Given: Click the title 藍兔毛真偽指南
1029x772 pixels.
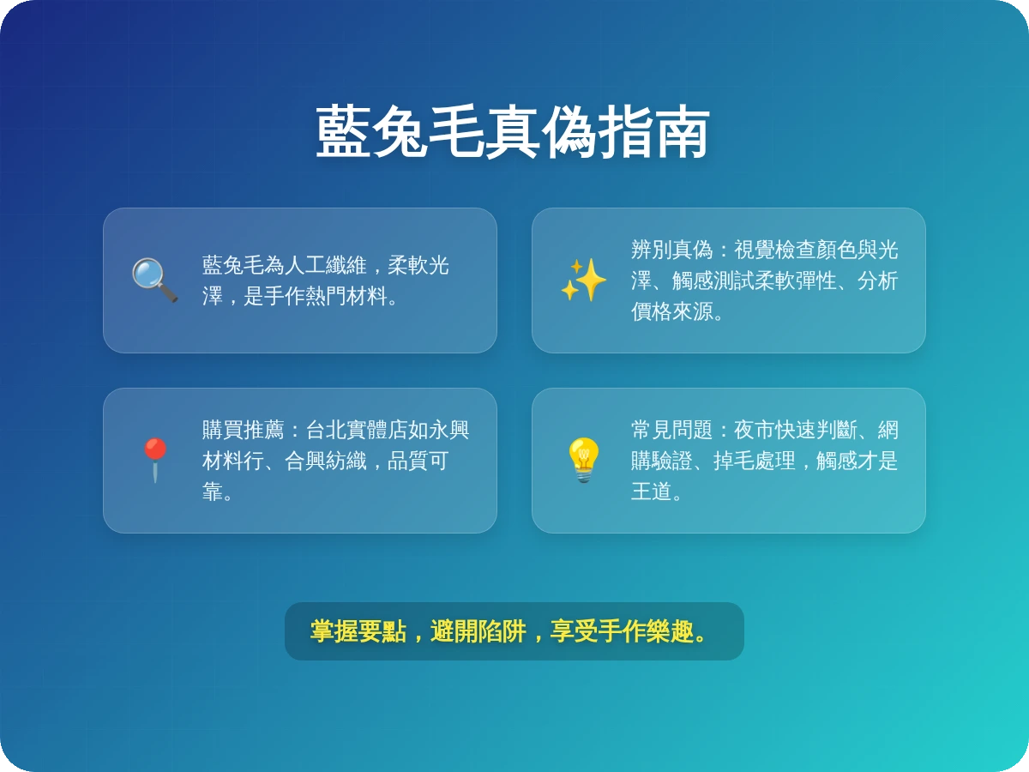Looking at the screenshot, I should [x=513, y=133].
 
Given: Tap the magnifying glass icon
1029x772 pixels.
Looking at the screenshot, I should [x=154, y=280].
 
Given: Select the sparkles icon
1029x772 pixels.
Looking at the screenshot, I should [x=583, y=280].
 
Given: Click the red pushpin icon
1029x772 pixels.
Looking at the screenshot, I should [x=154, y=460].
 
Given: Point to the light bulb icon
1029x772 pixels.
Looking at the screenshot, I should [x=583, y=460].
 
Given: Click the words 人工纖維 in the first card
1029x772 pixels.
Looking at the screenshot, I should [x=326, y=265].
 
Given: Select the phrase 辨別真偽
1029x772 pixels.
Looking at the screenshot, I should [x=671, y=250].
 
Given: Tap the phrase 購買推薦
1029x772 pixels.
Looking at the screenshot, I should [x=243, y=430].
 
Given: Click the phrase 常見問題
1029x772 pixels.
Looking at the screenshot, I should [x=671, y=430].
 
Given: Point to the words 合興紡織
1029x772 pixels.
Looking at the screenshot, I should [x=325, y=461].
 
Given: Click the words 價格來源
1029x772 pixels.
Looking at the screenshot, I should [x=671, y=311].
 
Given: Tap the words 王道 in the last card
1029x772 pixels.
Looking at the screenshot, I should [x=651, y=492].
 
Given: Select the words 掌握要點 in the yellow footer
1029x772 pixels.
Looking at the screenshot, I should [x=358, y=631].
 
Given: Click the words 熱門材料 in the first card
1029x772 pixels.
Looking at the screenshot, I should [x=346, y=296].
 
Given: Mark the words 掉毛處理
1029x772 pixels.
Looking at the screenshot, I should [x=754, y=461].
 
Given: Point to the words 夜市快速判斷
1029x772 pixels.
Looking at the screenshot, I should [x=795, y=430].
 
